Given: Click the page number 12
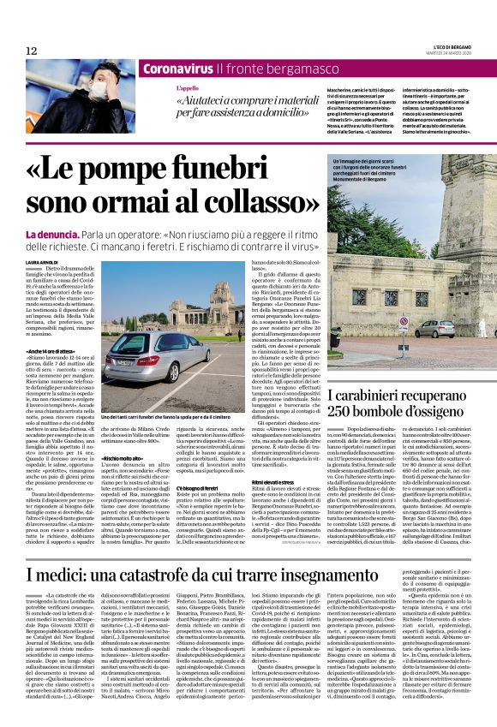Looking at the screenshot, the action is pos(32,51).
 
